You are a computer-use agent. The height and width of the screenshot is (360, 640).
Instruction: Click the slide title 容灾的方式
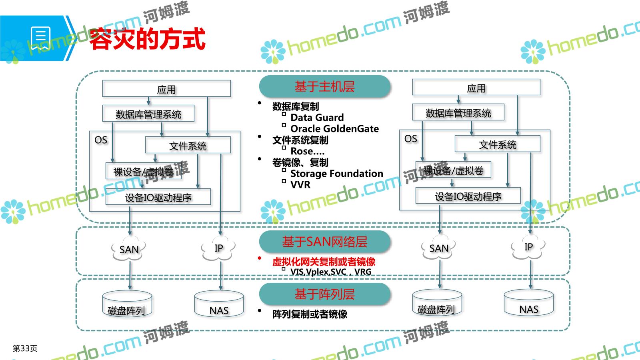click(x=147, y=39)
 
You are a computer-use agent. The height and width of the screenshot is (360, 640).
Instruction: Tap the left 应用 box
click(x=166, y=89)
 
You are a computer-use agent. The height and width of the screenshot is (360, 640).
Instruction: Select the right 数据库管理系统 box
click(x=458, y=113)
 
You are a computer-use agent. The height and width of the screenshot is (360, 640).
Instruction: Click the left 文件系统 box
click(x=188, y=146)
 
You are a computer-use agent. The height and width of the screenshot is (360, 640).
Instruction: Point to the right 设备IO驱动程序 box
click(x=468, y=196)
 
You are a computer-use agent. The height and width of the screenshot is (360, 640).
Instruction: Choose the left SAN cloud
click(x=129, y=249)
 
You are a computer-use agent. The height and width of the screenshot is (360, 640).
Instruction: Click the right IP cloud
click(x=528, y=247)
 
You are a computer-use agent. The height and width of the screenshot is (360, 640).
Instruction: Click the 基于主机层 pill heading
click(x=324, y=86)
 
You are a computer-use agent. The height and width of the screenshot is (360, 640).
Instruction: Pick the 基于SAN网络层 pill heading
click(x=324, y=242)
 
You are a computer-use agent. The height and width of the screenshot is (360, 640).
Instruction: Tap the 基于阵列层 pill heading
click(x=324, y=294)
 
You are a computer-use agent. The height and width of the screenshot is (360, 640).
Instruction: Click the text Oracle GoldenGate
click(x=334, y=129)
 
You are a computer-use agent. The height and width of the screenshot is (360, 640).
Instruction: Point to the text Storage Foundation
click(x=336, y=174)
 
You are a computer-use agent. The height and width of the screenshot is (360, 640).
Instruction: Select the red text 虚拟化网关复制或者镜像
click(x=324, y=262)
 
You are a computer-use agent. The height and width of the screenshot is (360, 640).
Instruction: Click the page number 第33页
click(x=25, y=348)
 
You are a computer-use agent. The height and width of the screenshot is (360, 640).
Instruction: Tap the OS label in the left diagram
click(x=101, y=140)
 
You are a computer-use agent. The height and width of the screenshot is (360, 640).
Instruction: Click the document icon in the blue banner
click(x=41, y=39)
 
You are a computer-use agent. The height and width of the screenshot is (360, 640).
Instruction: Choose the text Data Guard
click(x=317, y=118)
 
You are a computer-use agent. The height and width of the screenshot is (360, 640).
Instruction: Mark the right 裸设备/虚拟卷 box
click(x=453, y=170)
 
